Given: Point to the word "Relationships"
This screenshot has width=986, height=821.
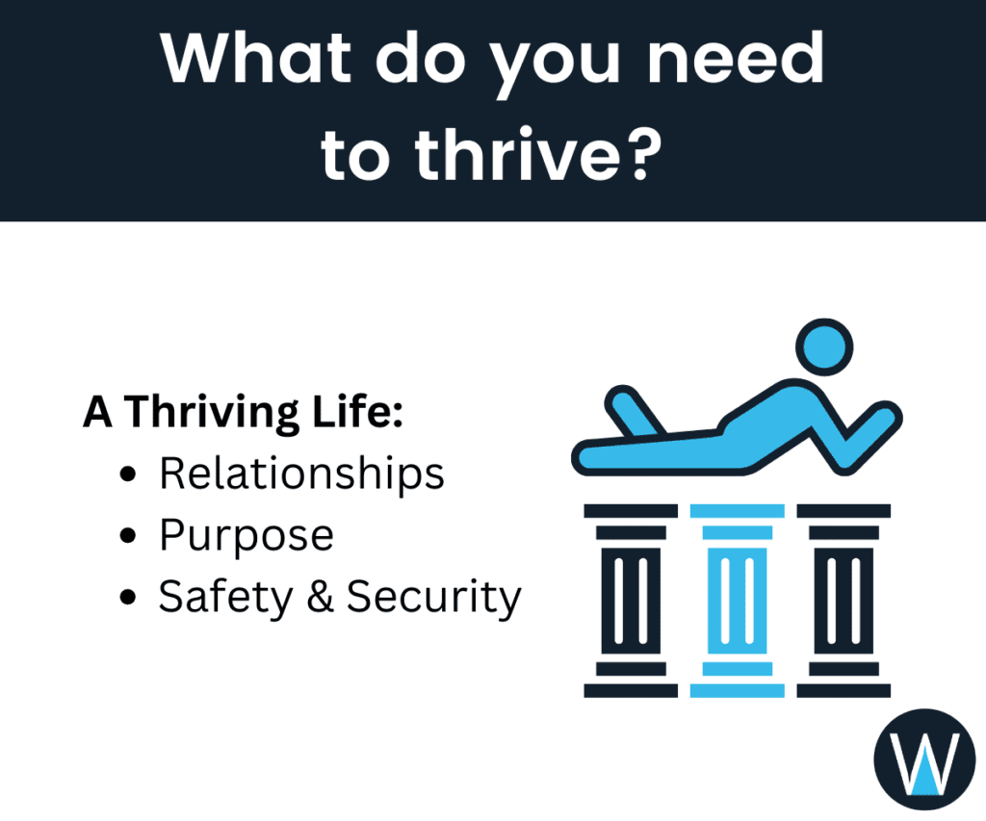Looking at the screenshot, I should [x=301, y=474].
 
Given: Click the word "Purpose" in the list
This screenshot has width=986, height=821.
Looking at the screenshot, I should [x=246, y=536].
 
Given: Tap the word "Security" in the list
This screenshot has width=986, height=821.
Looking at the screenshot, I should [x=433, y=598].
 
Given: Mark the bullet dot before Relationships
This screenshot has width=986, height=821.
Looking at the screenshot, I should [x=130, y=475].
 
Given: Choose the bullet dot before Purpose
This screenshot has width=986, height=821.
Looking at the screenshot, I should [x=130, y=537].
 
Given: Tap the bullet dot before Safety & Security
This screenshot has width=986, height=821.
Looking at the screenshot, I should [x=130, y=599].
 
